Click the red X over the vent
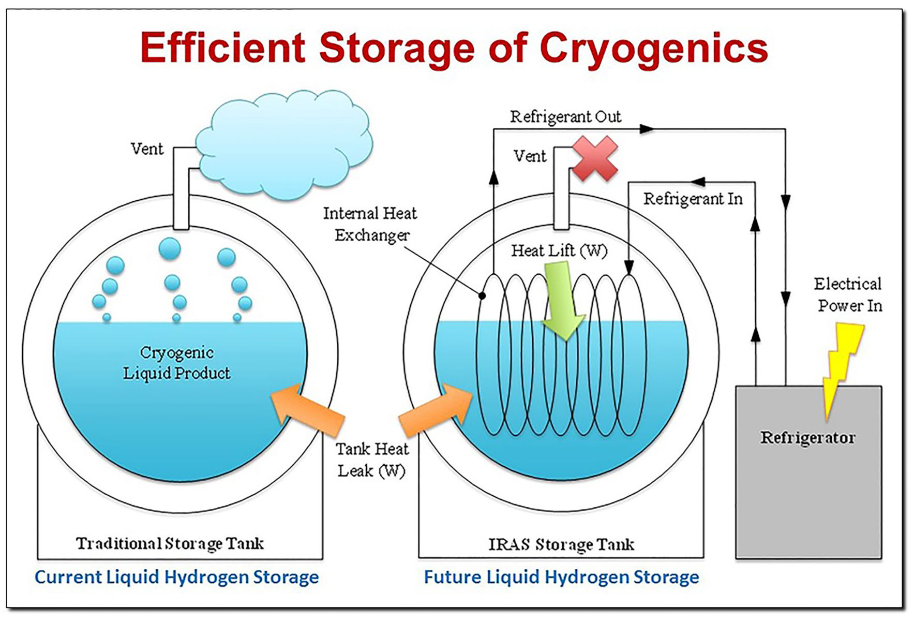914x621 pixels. [595, 158]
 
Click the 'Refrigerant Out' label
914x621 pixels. [565, 117]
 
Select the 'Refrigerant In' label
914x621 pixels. [693, 199]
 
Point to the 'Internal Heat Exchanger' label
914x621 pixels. [370, 224]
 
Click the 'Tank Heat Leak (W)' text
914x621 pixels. [372, 460]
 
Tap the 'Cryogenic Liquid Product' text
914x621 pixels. [176, 363]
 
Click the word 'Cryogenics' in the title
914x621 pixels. [653, 48]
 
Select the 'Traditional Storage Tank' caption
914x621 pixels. [170, 543]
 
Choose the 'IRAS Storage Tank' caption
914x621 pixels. [561, 544]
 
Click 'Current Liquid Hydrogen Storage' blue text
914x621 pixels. [176, 577]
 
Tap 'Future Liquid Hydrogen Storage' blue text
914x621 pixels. [561, 577]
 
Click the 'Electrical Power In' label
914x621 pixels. [848, 294]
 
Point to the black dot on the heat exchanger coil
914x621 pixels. [482, 296]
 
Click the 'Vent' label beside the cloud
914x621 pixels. [147, 149]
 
